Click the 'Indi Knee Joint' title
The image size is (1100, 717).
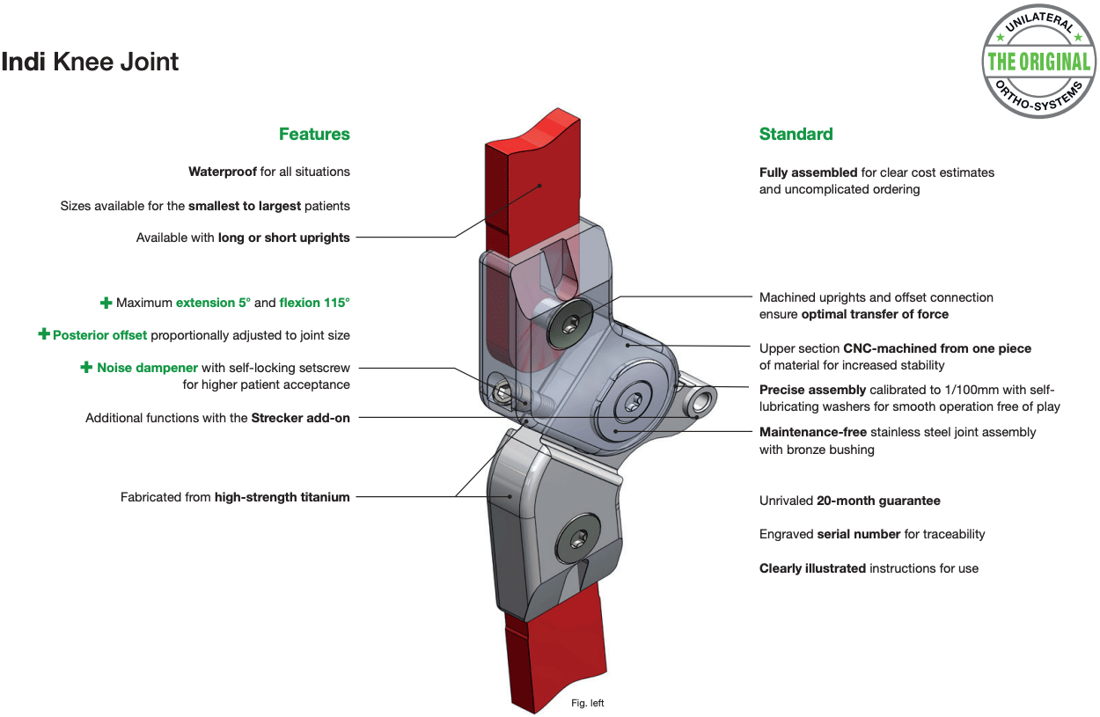pos(90,62)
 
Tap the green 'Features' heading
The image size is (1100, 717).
pos(314,134)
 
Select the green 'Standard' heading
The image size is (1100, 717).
pos(796,134)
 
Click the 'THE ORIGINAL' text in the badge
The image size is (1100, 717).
pos(1038,62)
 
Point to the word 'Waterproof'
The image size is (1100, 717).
pos(223,172)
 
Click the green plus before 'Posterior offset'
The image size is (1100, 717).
pos(44,334)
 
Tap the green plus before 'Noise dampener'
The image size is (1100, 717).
pos(86,367)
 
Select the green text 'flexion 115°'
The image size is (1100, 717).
pos(314,303)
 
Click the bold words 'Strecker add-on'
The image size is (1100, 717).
pos(301,418)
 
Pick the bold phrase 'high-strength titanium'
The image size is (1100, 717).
pos(282,497)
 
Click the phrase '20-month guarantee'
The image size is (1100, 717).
pos(878,501)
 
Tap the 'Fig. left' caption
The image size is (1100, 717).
pos(587,703)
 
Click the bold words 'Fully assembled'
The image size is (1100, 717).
pos(809,172)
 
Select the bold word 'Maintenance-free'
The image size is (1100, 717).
pos(813,432)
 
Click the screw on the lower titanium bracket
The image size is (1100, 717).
pos(578,538)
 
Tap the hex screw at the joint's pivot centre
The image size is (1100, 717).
pos(631,402)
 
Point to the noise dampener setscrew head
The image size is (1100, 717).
pos(501,393)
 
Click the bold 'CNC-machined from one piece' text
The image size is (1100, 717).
pos(937,348)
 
